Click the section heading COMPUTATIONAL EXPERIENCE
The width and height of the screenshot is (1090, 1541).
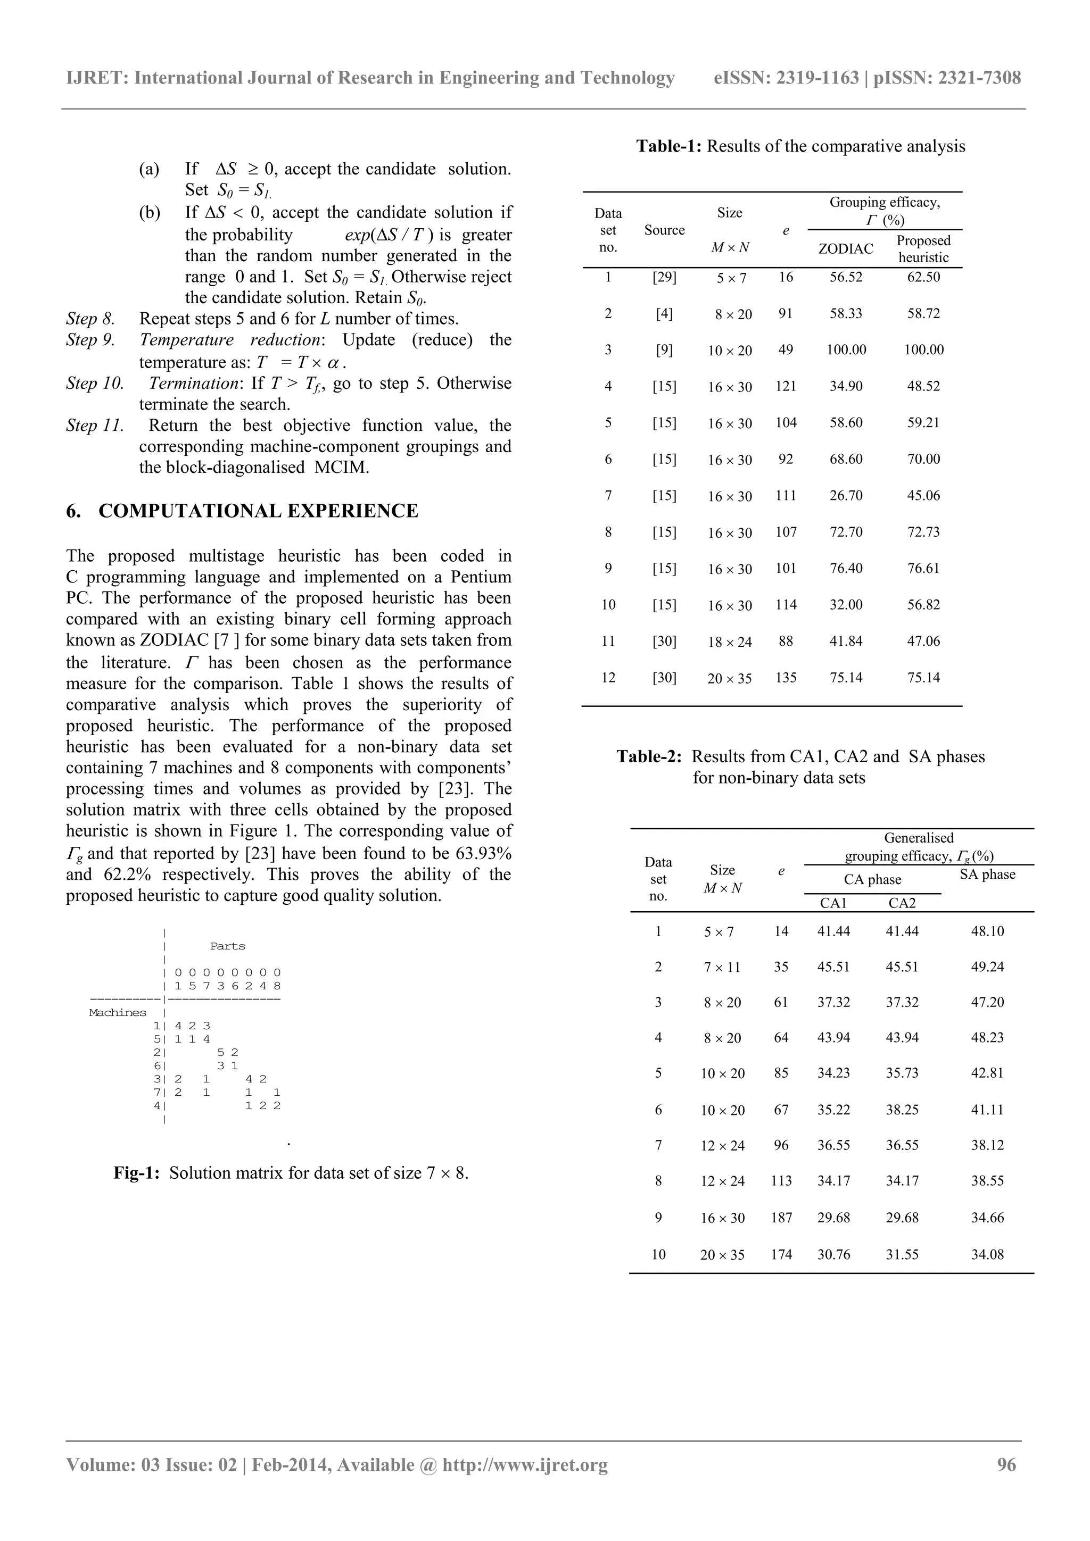[x=258, y=511]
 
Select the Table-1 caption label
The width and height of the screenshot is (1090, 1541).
[x=668, y=146]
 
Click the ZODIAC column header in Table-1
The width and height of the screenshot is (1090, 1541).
[x=846, y=249]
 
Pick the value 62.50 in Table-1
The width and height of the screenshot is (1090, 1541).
[x=923, y=277]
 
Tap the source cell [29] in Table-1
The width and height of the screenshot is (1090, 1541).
[x=664, y=277]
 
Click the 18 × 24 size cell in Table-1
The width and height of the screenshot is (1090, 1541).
[x=729, y=643]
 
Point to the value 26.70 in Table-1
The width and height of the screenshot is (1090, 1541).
[x=846, y=495]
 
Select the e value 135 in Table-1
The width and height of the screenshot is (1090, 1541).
[x=786, y=678]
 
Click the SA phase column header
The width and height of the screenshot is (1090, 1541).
[x=987, y=874]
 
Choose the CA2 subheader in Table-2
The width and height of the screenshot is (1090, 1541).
[x=902, y=903]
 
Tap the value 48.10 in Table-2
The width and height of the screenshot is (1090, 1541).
[x=987, y=931]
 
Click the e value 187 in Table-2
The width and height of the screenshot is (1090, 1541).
[x=781, y=1218]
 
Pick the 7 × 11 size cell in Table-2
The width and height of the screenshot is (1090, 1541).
[x=722, y=967]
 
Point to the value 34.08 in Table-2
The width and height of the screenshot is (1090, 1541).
[x=987, y=1254]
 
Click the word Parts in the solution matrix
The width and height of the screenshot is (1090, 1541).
[x=228, y=946]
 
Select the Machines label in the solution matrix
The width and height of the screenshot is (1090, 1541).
[x=118, y=1013]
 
